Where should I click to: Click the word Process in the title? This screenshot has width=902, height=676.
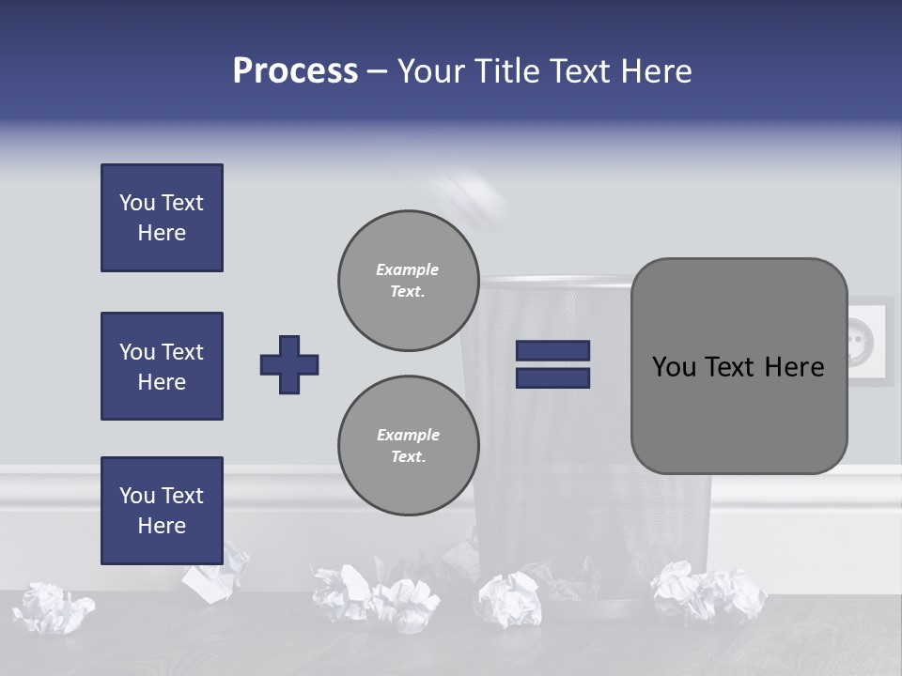point(295,71)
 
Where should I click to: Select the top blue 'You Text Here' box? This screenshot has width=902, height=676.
point(162,218)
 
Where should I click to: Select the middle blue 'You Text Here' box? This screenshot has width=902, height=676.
point(162,366)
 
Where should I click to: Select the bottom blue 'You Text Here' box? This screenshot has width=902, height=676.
point(162,511)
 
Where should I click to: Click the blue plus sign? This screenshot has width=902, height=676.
point(289,364)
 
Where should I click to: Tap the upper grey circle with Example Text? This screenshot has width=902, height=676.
point(408,281)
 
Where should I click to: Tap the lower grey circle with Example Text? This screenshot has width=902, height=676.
point(408,446)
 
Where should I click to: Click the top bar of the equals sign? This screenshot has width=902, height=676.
point(552,351)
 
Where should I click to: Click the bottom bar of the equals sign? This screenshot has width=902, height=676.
point(552,378)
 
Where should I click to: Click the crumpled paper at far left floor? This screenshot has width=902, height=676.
point(52,607)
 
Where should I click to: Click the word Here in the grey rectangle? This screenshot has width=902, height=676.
point(794,367)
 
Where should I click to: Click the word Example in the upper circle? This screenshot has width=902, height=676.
point(407,269)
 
